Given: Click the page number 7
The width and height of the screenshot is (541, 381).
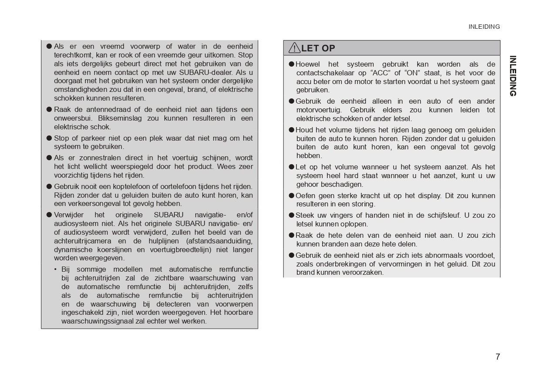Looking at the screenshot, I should pyautogui.click(x=497, y=357).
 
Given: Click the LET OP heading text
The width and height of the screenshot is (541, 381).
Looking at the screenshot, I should pyautogui.click(x=318, y=48).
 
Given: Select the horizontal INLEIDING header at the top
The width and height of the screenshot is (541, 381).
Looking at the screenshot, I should pyautogui.click(x=484, y=27).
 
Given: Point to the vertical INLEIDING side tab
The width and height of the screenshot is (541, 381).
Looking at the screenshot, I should pyautogui.click(x=513, y=76).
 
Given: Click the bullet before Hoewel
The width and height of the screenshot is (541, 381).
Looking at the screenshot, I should pyautogui.click(x=292, y=64).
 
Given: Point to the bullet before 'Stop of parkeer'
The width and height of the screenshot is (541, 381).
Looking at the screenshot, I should pyautogui.click(x=49, y=138).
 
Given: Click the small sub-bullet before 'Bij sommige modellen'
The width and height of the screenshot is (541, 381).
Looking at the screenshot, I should pyautogui.click(x=55, y=269).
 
